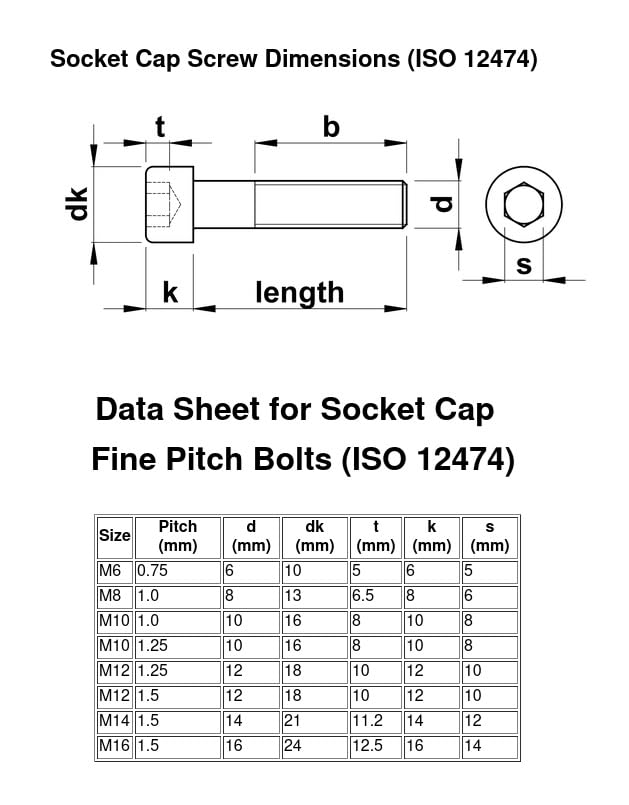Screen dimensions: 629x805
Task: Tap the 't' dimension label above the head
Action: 160,126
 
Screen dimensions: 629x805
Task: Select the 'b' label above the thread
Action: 331,126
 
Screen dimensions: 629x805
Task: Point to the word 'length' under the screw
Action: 299,293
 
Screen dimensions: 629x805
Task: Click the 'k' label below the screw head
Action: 170,292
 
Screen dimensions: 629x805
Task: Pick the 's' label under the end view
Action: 523,265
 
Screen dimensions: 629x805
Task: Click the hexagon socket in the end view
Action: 523,204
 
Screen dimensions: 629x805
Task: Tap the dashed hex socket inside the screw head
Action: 164,204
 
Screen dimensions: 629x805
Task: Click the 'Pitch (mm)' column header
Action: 178,536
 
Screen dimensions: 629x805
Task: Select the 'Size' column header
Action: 115,535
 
